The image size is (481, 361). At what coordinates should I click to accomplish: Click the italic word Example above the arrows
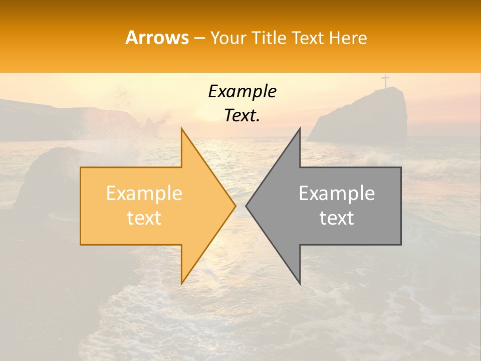click(242, 91)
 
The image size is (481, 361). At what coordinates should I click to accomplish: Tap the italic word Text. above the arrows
click(242, 116)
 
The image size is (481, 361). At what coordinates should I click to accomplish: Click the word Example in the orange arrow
click(144, 193)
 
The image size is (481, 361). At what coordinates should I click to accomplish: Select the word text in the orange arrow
click(144, 218)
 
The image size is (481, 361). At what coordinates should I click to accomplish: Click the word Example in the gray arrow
click(337, 193)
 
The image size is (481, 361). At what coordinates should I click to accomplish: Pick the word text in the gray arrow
click(337, 218)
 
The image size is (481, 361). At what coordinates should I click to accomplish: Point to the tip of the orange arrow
click(234, 206)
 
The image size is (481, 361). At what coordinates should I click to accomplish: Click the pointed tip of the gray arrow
click(247, 206)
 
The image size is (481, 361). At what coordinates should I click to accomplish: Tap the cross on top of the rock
click(385, 81)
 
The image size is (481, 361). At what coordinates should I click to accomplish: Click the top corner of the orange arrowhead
click(181, 129)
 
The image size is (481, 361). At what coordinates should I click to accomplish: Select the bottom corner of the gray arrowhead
click(300, 283)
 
